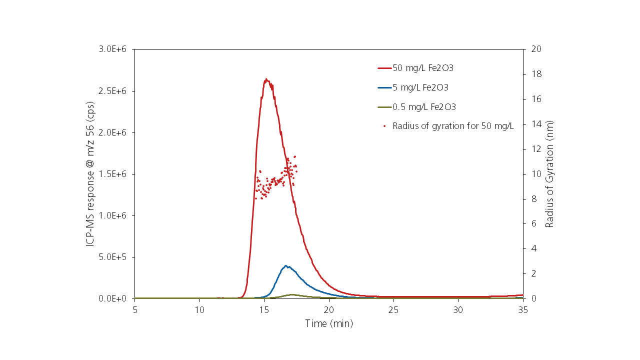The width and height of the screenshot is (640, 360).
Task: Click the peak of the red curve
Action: click(x=266, y=79)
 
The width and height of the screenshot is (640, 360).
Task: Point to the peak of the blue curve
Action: click(x=285, y=266)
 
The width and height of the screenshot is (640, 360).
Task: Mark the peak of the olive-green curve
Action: click(x=291, y=294)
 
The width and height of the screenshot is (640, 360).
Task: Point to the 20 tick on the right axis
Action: click(x=536, y=49)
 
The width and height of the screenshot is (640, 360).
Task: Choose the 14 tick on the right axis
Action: click(x=536, y=124)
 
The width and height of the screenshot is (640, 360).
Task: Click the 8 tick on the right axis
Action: click(x=534, y=199)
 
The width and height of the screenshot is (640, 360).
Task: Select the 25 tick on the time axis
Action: click(x=393, y=310)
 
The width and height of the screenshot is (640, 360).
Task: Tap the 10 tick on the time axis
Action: click(x=199, y=310)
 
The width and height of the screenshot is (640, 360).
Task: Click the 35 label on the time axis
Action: click(x=523, y=310)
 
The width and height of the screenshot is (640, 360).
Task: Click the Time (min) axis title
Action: click(x=329, y=324)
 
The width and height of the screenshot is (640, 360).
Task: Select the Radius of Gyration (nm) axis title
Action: click(x=550, y=174)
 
